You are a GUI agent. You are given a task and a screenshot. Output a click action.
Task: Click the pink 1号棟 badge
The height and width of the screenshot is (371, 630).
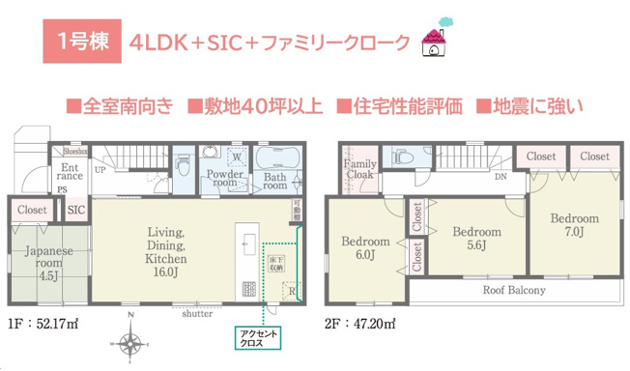click(x=81, y=42)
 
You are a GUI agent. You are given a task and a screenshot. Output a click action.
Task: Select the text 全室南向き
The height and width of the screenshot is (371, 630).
click(x=120, y=104)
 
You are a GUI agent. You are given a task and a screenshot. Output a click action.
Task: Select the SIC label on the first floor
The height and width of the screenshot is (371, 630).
click(x=76, y=209)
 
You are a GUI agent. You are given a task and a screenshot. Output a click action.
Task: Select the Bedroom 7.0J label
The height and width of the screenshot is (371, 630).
click(x=574, y=225)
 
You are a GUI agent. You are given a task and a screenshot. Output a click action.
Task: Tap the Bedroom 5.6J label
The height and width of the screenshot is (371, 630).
click(x=475, y=239)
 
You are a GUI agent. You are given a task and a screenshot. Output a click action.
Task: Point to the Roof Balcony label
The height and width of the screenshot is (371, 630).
click(x=513, y=290)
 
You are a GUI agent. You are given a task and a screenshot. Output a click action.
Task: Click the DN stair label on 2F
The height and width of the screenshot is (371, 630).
click(x=500, y=178)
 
